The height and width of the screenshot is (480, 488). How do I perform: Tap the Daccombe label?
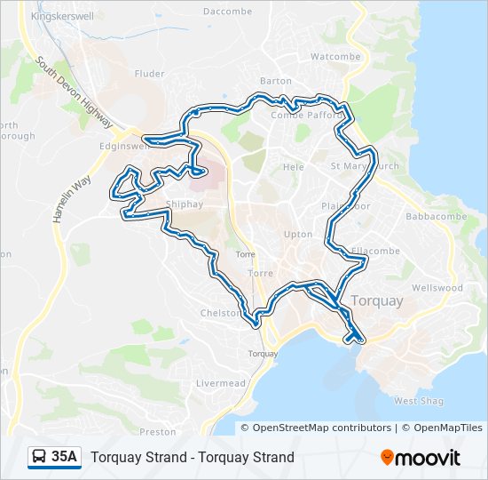click(222, 12)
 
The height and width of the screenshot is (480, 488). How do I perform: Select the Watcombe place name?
click(336, 56)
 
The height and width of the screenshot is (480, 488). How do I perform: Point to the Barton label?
click(276, 81)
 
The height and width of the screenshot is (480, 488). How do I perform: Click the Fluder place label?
click(150, 75)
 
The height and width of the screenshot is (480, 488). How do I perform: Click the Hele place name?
click(294, 167)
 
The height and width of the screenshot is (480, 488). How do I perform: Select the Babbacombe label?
click(429, 216)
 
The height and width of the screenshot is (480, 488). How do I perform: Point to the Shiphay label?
click(184, 204)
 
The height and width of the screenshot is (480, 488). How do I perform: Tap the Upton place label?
click(298, 235)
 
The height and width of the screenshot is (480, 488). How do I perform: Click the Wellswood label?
click(437, 288)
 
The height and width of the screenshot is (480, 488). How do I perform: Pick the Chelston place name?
click(221, 313)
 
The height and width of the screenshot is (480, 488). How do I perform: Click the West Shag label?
click(417, 402)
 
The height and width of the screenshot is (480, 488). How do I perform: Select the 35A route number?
click(65, 458)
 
